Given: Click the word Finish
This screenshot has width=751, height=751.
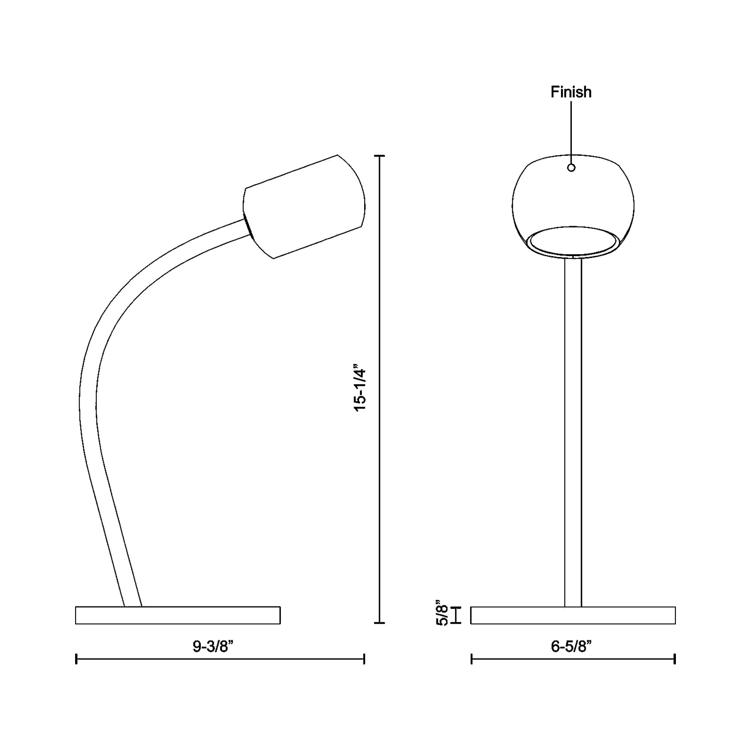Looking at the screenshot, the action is (571, 92).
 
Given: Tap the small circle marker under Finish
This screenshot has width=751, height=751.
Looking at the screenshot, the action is (571, 167).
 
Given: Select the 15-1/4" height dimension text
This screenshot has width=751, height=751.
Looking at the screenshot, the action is (360, 388).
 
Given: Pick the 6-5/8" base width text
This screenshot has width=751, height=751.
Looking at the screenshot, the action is (571, 647).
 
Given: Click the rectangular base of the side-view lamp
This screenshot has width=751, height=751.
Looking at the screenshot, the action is (178, 615).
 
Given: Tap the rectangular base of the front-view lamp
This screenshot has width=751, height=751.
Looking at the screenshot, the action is (573, 615).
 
